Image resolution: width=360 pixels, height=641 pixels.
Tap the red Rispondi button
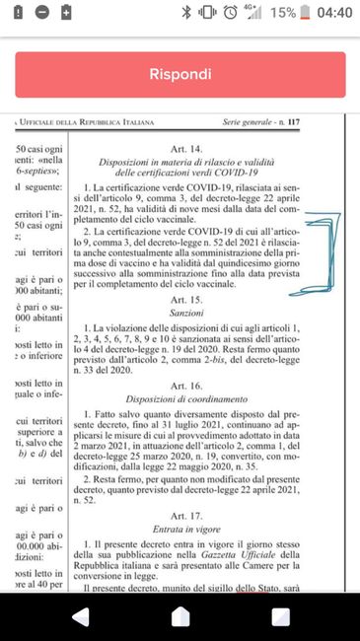tap(180, 74)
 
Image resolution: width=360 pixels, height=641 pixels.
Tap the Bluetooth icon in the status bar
tap(185, 14)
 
